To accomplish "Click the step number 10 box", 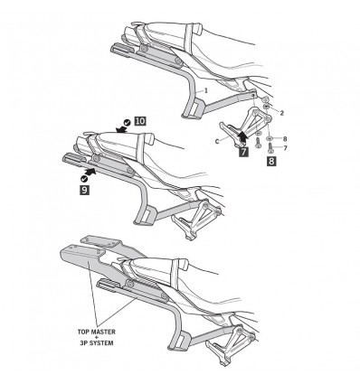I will click(139, 119).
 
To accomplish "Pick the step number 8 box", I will click(272, 160).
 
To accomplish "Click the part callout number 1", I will click(206, 91).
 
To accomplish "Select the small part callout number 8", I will click(284, 138).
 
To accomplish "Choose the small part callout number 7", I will click(284, 146).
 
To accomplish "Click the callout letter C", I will click(218, 142).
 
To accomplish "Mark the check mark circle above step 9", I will click(83, 180).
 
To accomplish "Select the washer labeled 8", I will click(269, 137).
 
